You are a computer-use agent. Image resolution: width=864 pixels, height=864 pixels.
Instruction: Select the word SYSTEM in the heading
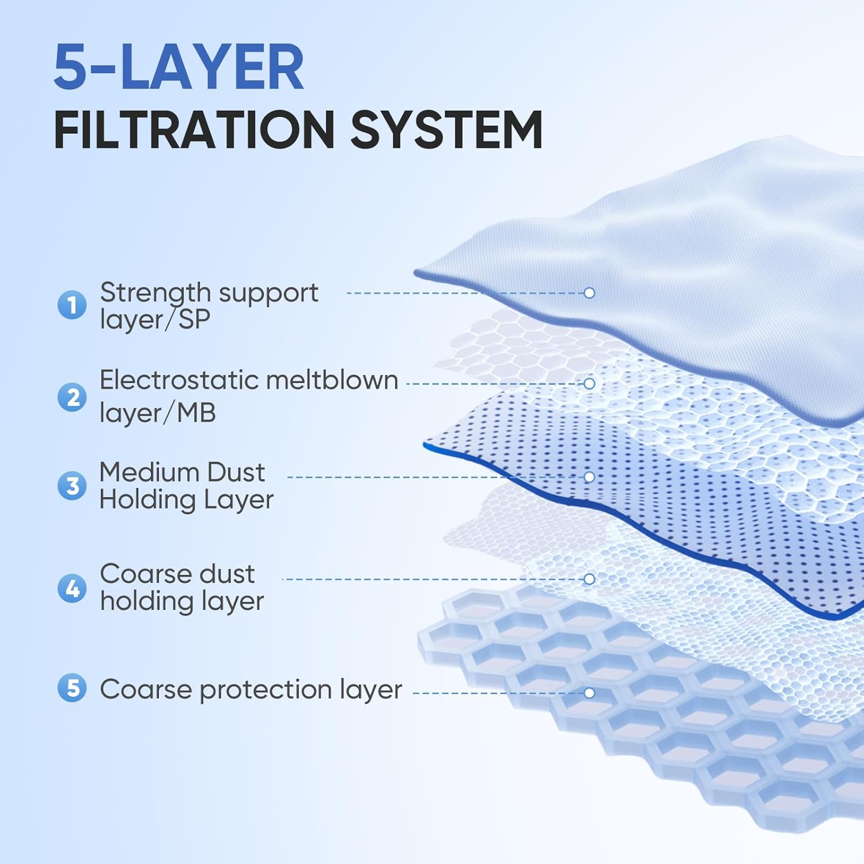pos(446,130)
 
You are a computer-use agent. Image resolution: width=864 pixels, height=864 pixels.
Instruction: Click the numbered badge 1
pos(72,305)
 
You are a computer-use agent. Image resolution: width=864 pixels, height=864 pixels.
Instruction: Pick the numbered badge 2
pos(72,397)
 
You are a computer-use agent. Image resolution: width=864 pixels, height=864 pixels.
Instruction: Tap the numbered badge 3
pos(72,486)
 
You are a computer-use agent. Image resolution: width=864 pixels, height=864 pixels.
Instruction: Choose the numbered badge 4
pos(72,588)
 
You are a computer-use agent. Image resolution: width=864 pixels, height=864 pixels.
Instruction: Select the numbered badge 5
pos(72,688)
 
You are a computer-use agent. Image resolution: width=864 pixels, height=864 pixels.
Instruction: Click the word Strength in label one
pos(155,293)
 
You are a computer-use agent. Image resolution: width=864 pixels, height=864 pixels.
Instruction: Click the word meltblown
pos(332,380)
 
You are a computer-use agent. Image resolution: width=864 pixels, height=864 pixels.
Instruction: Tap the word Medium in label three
pos(149,472)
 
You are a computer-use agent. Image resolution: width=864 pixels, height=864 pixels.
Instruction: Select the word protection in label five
pos(265,689)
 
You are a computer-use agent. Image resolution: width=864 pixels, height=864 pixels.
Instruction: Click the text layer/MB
pos(157,412)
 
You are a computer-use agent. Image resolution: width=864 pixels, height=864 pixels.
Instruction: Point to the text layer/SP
pos(154,320)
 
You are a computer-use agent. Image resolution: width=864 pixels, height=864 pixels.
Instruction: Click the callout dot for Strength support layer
pos(589,293)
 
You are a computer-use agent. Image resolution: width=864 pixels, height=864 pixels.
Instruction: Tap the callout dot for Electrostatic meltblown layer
pos(589,383)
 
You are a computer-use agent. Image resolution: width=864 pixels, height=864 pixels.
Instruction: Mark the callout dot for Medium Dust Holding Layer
pos(589,477)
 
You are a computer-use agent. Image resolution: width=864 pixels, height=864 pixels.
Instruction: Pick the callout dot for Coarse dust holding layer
pos(589,579)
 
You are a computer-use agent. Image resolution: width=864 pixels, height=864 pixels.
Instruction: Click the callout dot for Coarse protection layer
pos(589,693)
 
